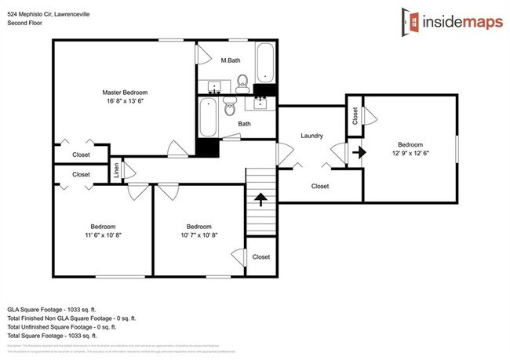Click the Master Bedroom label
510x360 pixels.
coord(125,93)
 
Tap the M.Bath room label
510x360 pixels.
coord(230,60)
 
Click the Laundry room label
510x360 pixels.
coord(312,136)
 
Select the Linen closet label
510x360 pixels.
coord(116,171)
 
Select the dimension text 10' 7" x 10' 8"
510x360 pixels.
coord(199,234)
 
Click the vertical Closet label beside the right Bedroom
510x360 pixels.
coord(355,116)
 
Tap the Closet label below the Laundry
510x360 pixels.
coord(320,186)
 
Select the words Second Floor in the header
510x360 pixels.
coord(24,23)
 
